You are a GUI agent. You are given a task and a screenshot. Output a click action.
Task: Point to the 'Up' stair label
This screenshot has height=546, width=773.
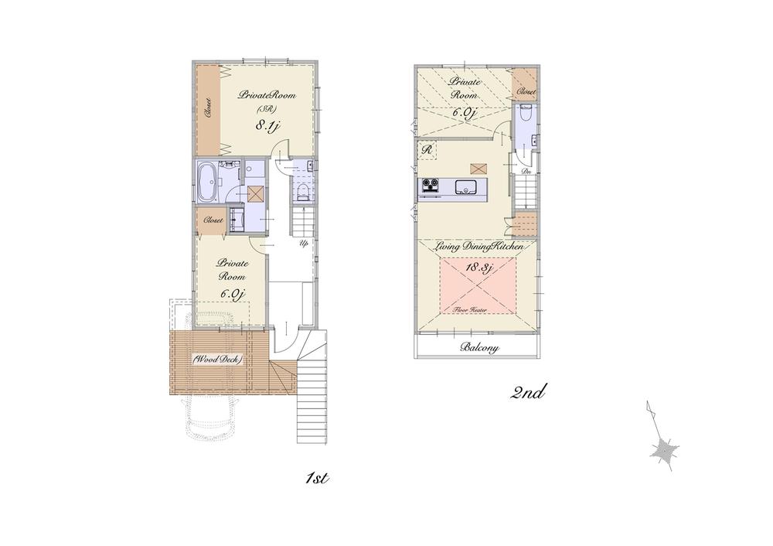pos(305,243)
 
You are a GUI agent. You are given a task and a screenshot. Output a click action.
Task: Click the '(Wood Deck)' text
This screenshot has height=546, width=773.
pos(218,360)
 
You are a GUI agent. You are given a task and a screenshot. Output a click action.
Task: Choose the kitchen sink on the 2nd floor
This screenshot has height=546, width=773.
pos(467,186)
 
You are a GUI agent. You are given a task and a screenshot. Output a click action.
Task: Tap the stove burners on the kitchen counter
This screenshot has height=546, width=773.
pos(429,186)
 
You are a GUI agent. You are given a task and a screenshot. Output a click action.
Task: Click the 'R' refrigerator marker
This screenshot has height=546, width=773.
pos(426,149)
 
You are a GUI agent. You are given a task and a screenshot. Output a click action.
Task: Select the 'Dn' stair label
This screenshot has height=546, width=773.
pos(526,171)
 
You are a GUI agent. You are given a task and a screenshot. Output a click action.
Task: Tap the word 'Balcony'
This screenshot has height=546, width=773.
pos(479,348)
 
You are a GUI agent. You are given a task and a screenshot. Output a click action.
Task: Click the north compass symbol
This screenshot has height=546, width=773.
pos(662,449)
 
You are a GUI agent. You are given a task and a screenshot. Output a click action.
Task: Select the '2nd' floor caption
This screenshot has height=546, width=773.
pos(529,392)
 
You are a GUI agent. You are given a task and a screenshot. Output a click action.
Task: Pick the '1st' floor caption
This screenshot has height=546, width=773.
pos(317,478)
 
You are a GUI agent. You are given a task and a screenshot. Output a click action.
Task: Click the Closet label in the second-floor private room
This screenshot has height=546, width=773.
pos(526,91)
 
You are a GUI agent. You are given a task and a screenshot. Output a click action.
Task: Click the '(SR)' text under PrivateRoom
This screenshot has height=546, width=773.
pos(263,109)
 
